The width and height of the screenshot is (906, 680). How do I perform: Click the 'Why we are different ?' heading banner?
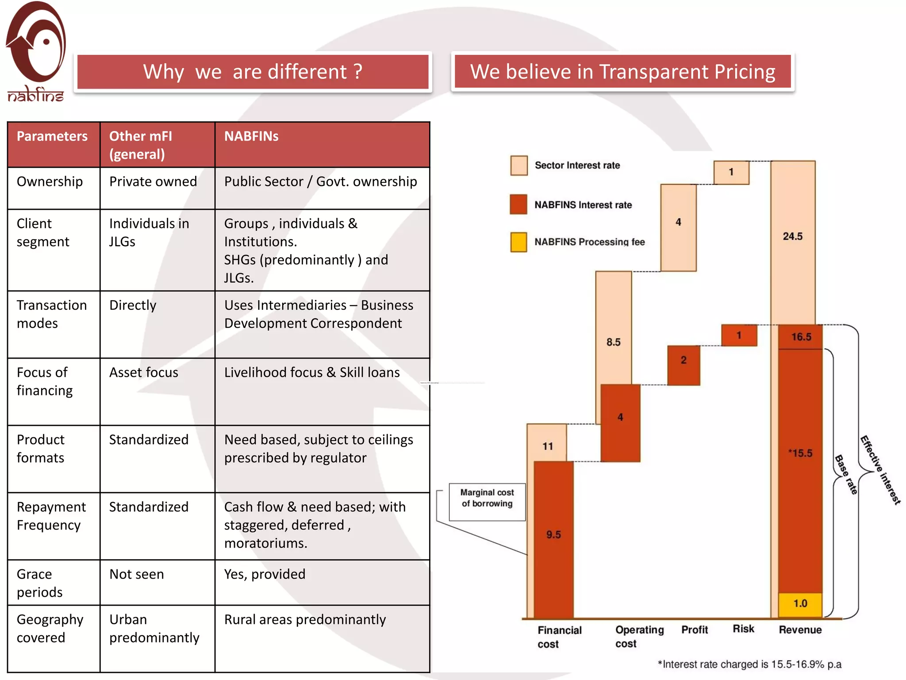[253, 72]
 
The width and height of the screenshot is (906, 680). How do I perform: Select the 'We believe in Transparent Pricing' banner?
[622, 72]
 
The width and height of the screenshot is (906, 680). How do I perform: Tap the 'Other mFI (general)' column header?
[141, 145]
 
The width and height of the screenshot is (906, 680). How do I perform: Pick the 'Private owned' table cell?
[153, 182]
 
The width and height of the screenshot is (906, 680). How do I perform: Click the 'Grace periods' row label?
[40, 583]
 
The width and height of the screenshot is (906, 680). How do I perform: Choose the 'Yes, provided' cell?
[265, 574]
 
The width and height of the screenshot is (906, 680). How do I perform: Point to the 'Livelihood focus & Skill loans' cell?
[312, 372]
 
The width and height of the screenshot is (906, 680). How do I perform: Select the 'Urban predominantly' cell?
[154, 628]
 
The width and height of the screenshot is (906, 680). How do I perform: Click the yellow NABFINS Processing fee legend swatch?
[518, 242]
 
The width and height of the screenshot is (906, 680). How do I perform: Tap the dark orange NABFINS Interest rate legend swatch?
[518, 205]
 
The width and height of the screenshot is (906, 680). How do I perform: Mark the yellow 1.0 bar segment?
[800, 604]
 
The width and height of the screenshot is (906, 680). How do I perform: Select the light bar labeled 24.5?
[793, 237]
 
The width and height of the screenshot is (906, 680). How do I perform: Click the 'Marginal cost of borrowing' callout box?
[487, 502]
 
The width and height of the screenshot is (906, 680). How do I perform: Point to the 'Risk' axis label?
[743, 629]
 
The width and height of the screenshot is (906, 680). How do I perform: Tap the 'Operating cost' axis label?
[639, 637]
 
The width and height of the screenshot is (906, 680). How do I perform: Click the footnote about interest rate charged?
[749, 664]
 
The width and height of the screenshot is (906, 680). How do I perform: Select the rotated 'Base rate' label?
[846, 474]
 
